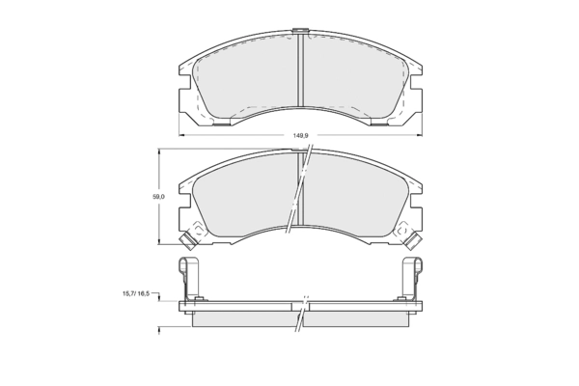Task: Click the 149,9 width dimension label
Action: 300,135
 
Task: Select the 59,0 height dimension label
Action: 159,197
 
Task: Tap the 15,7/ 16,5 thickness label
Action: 136,293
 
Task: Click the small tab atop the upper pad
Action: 300,31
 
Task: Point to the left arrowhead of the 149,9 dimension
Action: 181,135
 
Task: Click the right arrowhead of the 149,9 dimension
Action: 420,135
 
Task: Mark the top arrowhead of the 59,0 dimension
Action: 159,152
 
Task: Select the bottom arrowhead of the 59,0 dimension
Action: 159,241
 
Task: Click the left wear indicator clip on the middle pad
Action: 189,240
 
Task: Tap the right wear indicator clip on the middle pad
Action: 412,240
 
